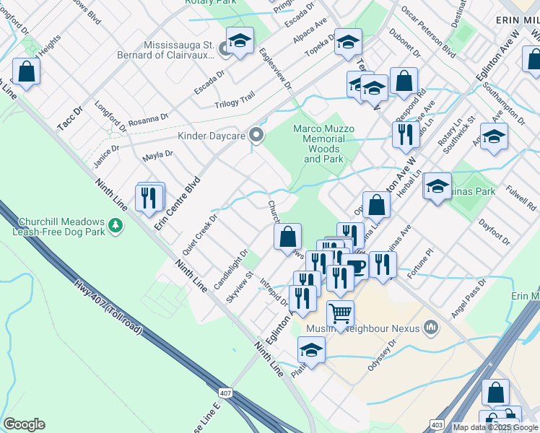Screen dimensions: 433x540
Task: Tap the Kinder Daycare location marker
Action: (256, 135)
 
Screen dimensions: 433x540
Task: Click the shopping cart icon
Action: (340, 313)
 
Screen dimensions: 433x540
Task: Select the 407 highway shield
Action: (226, 393)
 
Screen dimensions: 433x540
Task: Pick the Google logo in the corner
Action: (24, 424)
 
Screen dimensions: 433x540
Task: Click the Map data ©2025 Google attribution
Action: (495, 427)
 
